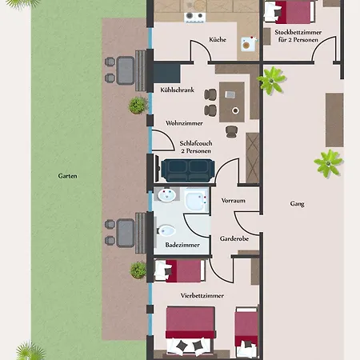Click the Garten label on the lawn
(x=67, y=176)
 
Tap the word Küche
(x=218, y=39)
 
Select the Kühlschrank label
(x=177, y=90)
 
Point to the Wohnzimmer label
(x=184, y=123)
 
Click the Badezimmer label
(x=182, y=245)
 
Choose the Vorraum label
(x=234, y=201)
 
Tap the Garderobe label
(x=234, y=238)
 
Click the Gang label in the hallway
(x=297, y=204)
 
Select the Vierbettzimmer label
(x=202, y=295)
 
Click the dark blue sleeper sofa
(x=188, y=170)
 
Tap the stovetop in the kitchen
(x=195, y=18)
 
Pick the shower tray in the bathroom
(x=196, y=200)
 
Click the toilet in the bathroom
(x=166, y=230)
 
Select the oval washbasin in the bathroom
(x=167, y=195)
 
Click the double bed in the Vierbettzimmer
(x=190, y=330)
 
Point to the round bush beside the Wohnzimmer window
(x=138, y=106)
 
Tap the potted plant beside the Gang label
(x=328, y=163)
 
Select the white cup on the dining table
(x=235, y=110)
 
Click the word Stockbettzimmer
(x=298, y=32)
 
